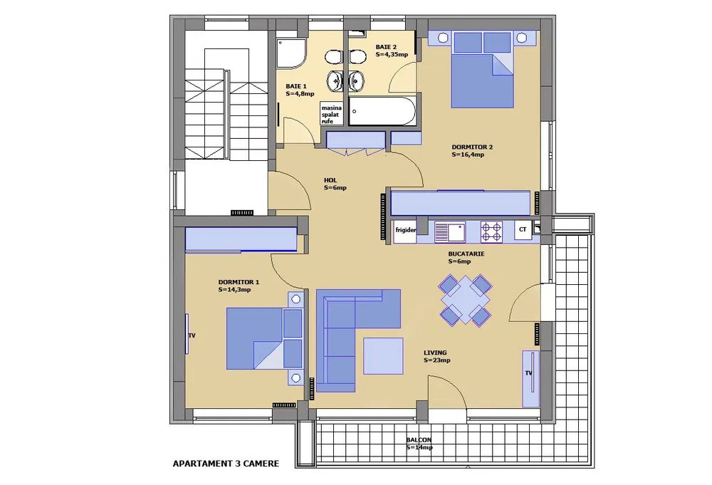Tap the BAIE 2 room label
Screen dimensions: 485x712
click(x=391, y=51)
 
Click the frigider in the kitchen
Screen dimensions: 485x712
click(x=406, y=231)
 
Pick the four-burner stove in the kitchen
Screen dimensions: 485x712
click(x=492, y=231)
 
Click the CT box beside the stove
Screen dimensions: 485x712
click(x=523, y=230)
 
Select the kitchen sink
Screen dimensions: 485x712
click(x=449, y=231)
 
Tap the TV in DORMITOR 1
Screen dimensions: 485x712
click(x=188, y=335)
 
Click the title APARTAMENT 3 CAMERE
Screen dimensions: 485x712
click(x=226, y=464)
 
